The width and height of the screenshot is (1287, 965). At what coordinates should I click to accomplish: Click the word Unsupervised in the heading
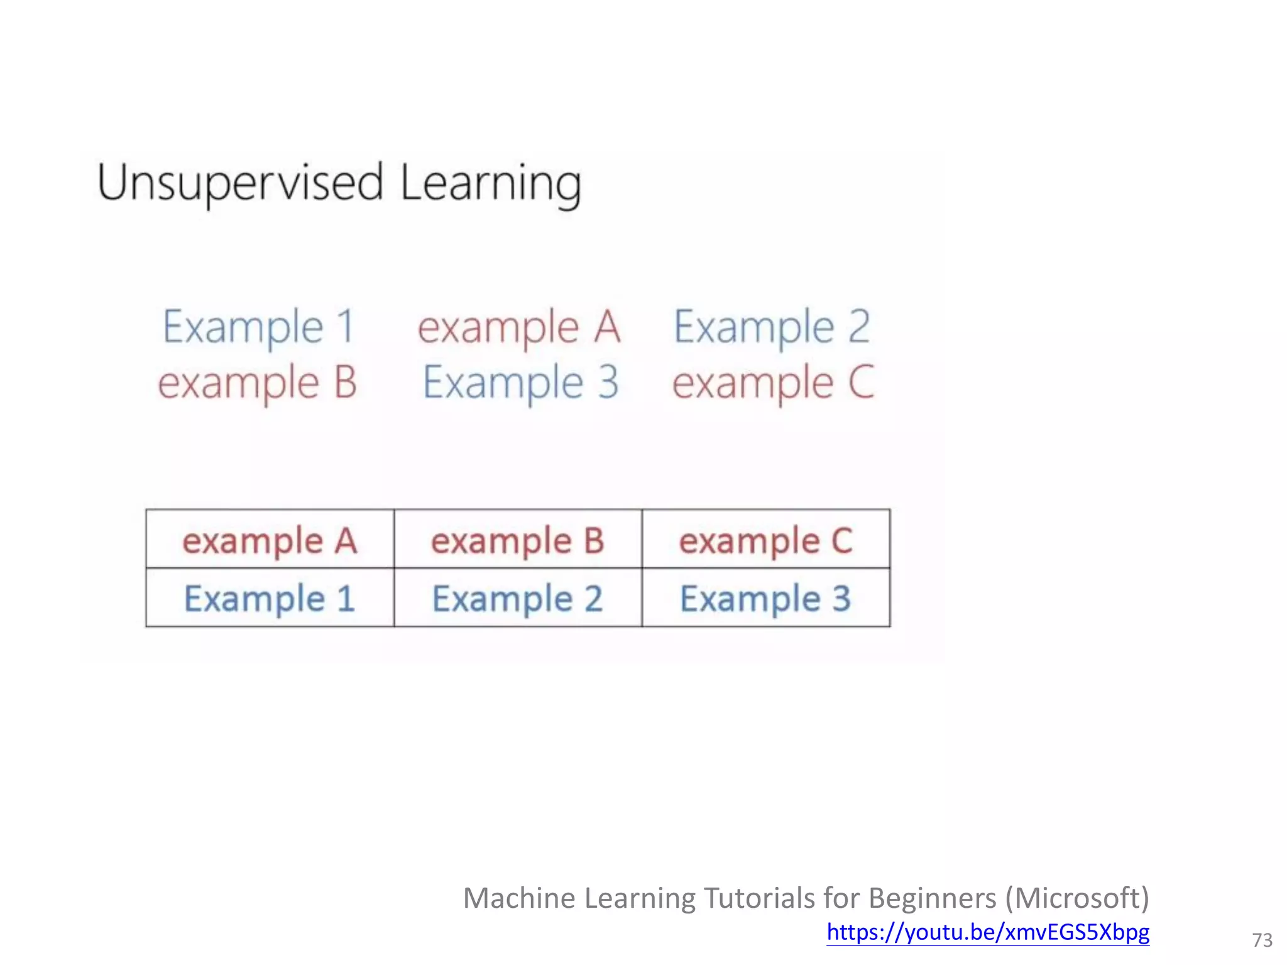click(x=240, y=183)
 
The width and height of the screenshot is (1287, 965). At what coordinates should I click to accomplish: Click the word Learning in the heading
click(x=490, y=183)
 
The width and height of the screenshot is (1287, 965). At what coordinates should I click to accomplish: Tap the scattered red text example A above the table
click(x=519, y=327)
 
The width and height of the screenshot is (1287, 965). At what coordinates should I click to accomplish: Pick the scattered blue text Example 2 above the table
click(x=772, y=327)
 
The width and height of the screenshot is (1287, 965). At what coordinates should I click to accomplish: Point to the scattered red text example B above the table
click(x=258, y=383)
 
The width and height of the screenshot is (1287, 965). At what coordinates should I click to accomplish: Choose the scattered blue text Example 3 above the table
click(x=520, y=383)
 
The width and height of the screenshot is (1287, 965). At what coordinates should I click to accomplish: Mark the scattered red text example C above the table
click(x=773, y=383)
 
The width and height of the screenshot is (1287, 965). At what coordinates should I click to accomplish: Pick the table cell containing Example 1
click(x=270, y=598)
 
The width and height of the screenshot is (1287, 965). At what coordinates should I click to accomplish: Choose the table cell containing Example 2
click(x=518, y=598)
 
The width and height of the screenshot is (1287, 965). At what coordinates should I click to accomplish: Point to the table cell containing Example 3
click(x=766, y=598)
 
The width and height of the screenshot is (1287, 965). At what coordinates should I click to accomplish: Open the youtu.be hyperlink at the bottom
click(x=988, y=932)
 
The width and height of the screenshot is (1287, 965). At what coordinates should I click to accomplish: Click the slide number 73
click(x=1262, y=940)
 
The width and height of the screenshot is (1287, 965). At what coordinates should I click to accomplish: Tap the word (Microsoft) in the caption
click(x=1077, y=898)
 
